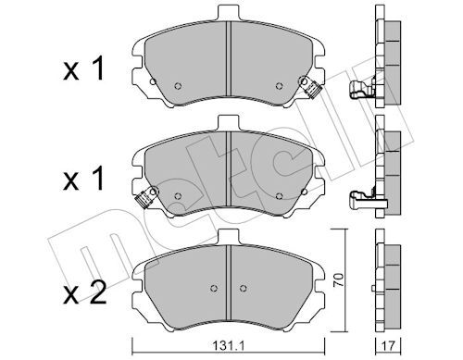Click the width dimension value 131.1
click(229, 346)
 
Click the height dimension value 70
click(339, 280)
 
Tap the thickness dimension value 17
click(388, 346)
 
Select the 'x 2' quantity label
click(84, 292)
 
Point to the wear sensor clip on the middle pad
click(145, 197)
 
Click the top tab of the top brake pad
click(229, 13)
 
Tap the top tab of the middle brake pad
click(229, 123)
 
